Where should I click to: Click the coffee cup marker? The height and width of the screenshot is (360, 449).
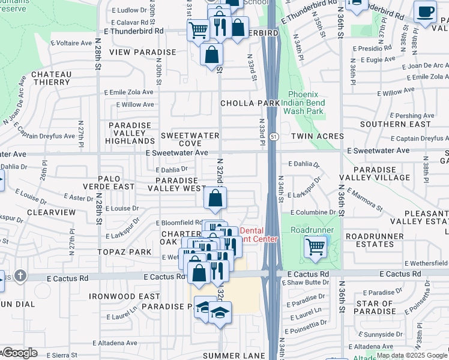pos(426,12)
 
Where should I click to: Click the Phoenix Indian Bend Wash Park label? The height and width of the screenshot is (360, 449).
pos(306,103)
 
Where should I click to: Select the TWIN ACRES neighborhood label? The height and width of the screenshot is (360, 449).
pos(318,137)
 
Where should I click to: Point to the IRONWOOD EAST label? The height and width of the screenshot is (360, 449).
pos(124,296)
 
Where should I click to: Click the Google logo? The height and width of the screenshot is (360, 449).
pos(19,353)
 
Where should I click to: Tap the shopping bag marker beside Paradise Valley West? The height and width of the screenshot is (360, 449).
pos(215,198)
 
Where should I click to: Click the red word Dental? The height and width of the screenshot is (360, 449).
pos(252,230)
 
